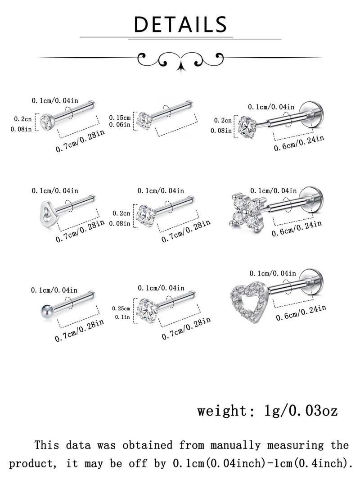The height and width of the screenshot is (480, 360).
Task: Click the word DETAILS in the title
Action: [180, 24]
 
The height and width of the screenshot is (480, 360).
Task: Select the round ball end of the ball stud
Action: [45, 311]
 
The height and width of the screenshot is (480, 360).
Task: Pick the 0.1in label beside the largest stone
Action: [122, 317]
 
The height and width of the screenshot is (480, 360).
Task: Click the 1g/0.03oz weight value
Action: [301, 411]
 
